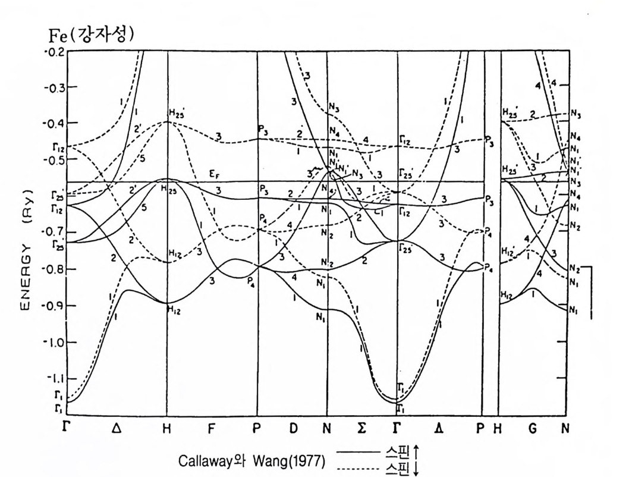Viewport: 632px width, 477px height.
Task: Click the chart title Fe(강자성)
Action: (91, 35)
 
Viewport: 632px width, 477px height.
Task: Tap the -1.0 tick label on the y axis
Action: (55, 342)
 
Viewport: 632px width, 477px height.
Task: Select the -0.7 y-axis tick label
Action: (55, 232)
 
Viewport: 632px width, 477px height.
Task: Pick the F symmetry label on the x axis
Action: (212, 428)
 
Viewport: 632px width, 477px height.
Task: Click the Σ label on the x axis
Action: (361, 428)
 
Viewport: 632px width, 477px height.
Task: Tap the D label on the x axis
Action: (292, 428)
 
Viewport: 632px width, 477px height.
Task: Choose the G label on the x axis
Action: (533, 428)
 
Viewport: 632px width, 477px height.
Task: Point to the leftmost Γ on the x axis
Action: (67, 427)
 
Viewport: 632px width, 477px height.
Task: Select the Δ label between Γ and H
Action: (117, 428)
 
